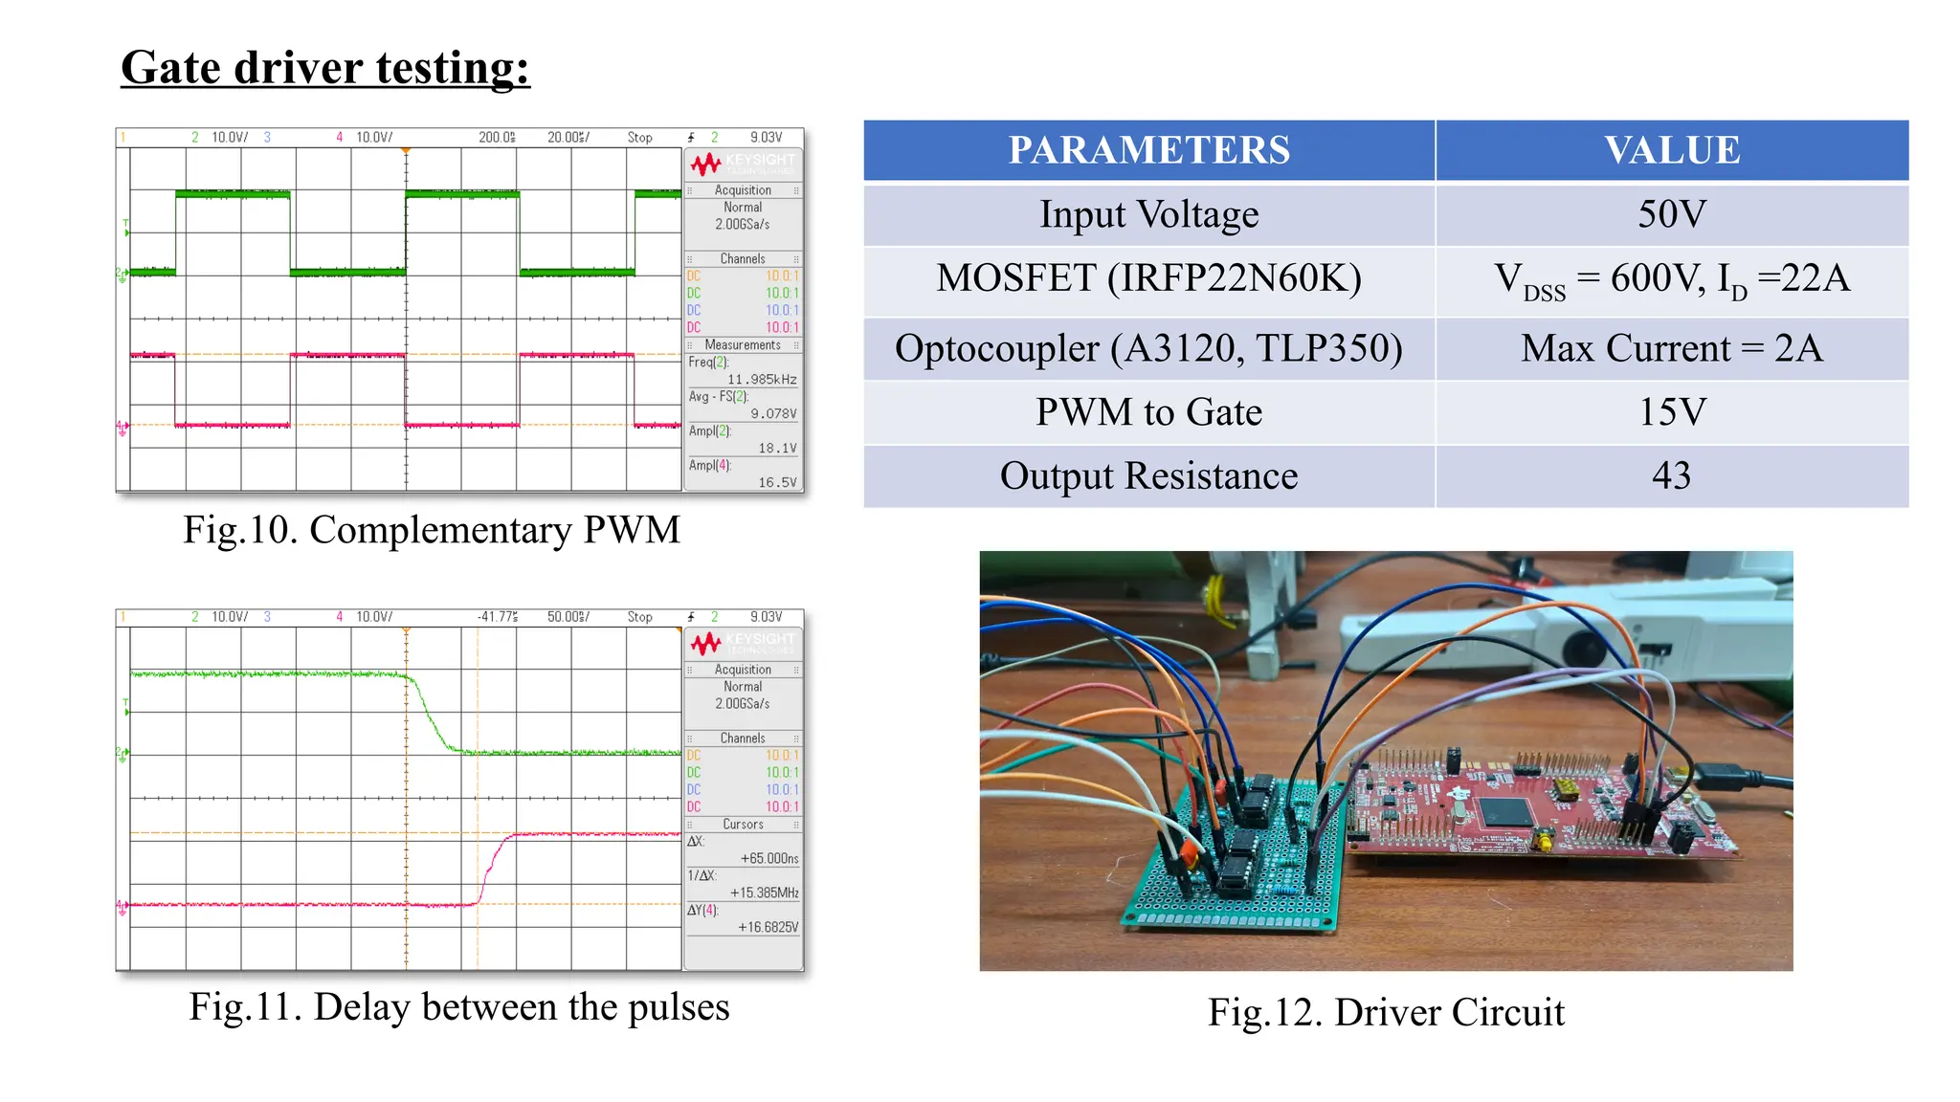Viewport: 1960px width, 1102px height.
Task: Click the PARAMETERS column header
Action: point(1148,150)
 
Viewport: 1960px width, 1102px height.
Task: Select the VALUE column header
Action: point(1671,150)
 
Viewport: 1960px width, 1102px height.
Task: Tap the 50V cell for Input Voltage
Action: point(1671,213)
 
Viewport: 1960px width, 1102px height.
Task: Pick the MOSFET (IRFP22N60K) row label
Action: point(1148,278)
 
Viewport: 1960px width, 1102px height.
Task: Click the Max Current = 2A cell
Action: point(1671,348)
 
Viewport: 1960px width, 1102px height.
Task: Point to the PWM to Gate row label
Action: point(1148,412)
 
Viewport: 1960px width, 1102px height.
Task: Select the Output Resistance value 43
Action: point(1671,475)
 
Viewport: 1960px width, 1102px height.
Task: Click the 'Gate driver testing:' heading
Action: point(325,68)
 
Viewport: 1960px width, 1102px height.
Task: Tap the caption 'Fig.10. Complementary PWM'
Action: point(432,530)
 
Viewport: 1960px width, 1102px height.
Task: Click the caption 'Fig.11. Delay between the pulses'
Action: point(458,1006)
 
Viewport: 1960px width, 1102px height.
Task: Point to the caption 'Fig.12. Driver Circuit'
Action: point(1386,1012)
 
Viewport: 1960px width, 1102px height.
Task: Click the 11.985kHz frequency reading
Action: point(762,380)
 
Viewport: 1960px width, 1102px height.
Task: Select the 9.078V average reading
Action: point(773,414)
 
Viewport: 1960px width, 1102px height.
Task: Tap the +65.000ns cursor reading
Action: point(769,859)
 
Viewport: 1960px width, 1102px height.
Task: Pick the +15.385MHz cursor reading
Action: point(764,893)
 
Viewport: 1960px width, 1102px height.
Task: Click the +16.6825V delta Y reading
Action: point(768,928)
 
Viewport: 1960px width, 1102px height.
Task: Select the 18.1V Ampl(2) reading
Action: point(777,449)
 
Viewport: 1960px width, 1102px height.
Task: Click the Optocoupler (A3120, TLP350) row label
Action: point(1148,348)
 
